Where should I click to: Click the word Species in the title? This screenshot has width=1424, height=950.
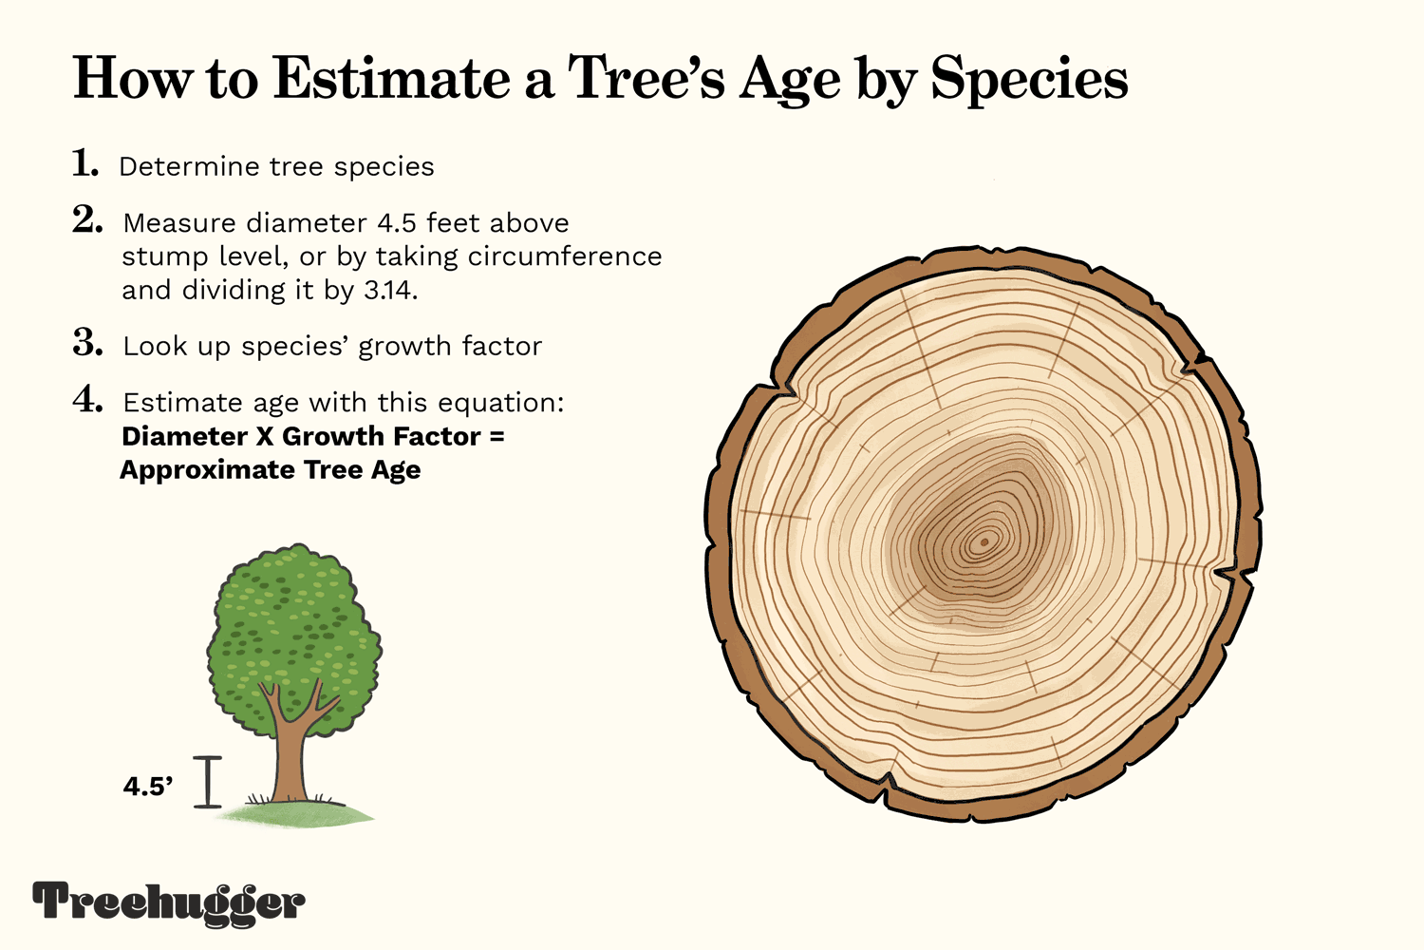click(1029, 81)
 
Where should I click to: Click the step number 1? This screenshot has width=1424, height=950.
click(85, 164)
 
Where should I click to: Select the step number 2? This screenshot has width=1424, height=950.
click(87, 220)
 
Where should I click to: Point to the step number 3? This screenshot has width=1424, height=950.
click(87, 343)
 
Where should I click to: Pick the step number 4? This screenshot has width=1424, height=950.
click(87, 400)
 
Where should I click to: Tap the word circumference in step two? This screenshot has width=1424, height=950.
click(571, 256)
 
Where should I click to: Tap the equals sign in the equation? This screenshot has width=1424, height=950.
click(497, 437)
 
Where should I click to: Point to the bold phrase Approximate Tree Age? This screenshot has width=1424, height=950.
click(270, 470)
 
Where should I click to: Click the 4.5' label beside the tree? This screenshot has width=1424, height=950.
click(147, 787)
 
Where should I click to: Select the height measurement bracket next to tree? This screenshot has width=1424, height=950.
click(208, 782)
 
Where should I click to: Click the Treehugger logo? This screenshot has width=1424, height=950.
click(169, 902)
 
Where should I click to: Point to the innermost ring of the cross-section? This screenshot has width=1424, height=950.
click(984, 543)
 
